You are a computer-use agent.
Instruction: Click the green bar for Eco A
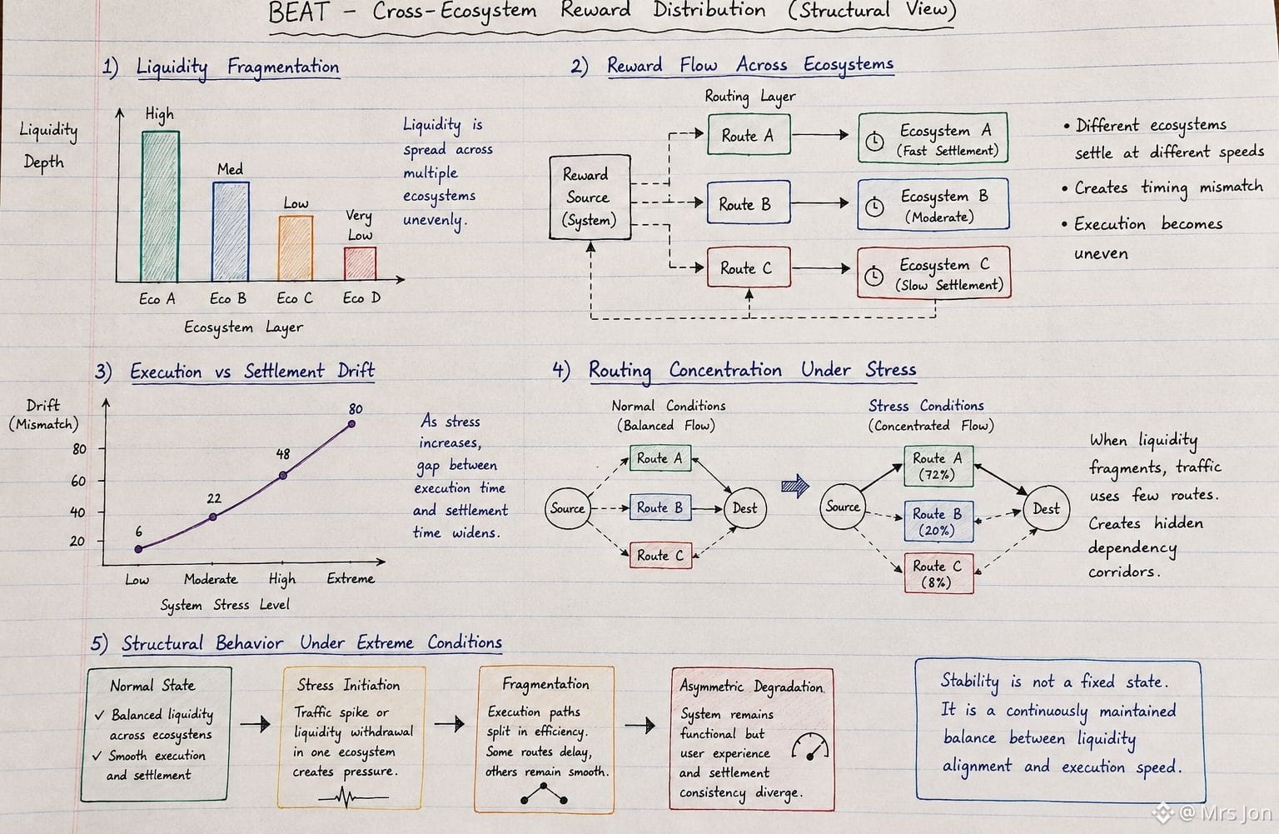point(161,207)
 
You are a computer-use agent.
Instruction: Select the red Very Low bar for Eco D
point(360,263)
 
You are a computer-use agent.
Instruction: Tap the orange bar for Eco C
point(296,248)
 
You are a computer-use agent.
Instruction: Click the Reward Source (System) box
point(590,197)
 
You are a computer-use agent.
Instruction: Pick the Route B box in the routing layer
point(749,202)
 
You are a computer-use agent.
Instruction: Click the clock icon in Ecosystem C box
point(873,277)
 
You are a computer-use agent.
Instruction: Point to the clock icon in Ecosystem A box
point(874,141)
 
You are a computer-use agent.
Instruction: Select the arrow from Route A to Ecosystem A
point(820,135)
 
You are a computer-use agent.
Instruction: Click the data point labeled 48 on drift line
point(282,475)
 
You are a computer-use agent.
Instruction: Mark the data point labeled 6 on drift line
point(138,549)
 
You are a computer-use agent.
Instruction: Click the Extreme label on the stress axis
point(351,579)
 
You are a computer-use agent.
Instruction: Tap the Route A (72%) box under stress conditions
point(938,466)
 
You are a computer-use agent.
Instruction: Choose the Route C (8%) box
point(938,573)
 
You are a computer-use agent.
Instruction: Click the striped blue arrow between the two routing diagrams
point(795,486)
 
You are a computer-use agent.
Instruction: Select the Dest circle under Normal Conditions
point(744,508)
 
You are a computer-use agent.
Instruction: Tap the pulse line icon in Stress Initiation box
point(353,797)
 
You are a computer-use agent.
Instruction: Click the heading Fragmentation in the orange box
point(545,684)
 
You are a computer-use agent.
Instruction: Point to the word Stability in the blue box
point(969,682)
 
